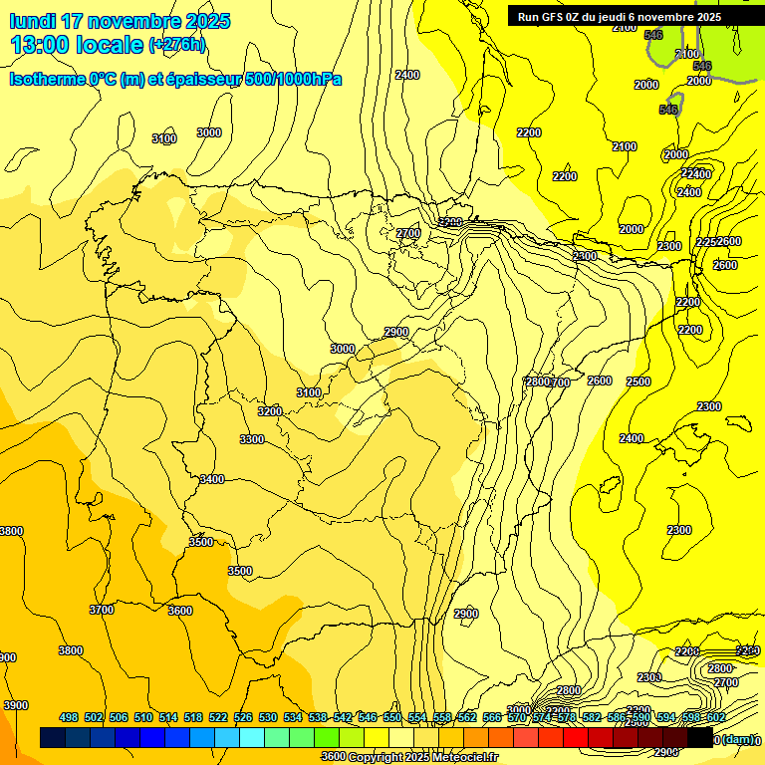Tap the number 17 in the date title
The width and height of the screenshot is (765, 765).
(74, 21)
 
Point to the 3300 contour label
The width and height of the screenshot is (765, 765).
(252, 439)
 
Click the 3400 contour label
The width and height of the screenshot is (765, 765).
(211, 479)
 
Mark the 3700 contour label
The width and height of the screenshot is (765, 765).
(102, 609)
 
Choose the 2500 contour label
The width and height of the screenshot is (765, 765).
(638, 382)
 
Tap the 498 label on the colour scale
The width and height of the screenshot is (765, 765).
(69, 717)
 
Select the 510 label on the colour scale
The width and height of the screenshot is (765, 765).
(143, 717)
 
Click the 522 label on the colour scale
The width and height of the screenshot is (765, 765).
(218, 717)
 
